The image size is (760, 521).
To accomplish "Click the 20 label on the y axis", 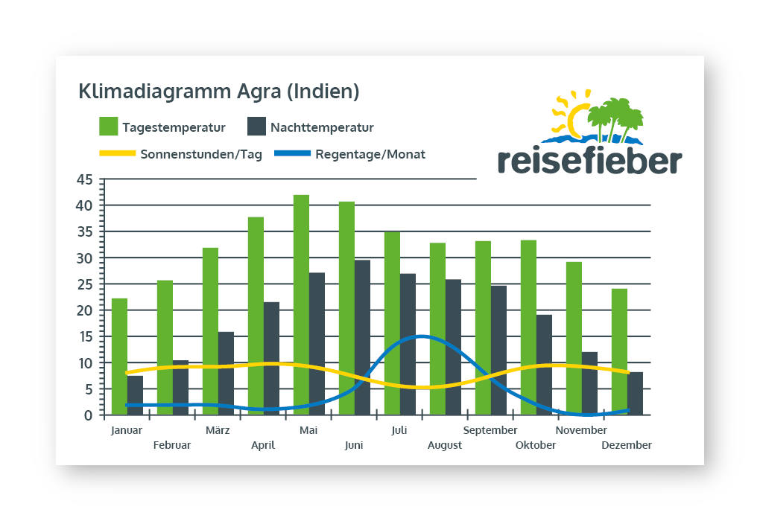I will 85,310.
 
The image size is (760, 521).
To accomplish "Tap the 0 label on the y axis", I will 89,415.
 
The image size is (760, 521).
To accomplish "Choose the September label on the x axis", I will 490,430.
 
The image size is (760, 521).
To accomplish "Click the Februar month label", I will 172,445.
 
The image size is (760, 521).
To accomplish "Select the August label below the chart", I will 445,445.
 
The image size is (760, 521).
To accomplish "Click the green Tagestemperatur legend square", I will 109,127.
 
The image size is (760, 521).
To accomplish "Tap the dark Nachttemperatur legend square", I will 256,127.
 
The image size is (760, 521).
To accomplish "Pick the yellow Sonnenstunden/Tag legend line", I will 116,154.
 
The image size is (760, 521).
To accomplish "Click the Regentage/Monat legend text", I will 370,155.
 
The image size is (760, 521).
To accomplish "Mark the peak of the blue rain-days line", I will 422,336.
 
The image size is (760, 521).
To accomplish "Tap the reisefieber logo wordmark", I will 589,161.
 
